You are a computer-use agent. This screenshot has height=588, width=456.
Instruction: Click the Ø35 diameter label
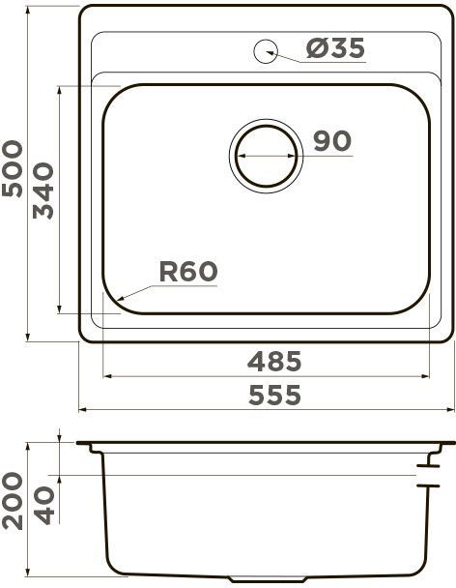[x=335, y=48]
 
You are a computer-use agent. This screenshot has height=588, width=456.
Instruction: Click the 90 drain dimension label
[x=332, y=141]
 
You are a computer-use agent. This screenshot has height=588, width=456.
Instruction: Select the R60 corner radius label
[x=188, y=272]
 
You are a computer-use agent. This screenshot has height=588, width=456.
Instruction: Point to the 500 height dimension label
[x=13, y=168]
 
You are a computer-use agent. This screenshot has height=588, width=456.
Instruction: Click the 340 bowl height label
[x=43, y=191]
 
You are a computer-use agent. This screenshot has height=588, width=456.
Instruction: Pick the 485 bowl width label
[x=274, y=361]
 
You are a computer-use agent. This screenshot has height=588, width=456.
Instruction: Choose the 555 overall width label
[x=274, y=395]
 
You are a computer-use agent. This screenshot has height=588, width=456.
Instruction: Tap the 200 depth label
[x=13, y=501]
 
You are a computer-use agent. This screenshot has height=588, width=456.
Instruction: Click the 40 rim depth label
[x=45, y=505]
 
